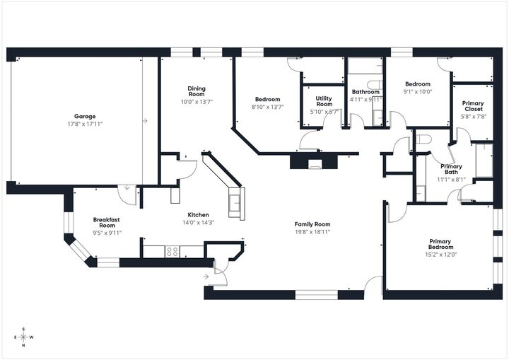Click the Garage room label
(x=85, y=116)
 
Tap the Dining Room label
(x=197, y=91)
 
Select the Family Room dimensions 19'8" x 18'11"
(x=312, y=231)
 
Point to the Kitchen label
(x=198, y=215)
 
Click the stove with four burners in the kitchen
(x=171, y=250)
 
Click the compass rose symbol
(x=23, y=337)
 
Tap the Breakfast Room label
(x=107, y=222)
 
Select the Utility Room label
(x=324, y=101)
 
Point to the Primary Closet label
(x=473, y=106)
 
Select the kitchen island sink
(x=235, y=203)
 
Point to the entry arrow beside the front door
(x=205, y=275)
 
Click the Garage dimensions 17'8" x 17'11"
(x=85, y=124)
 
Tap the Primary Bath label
(x=451, y=170)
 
